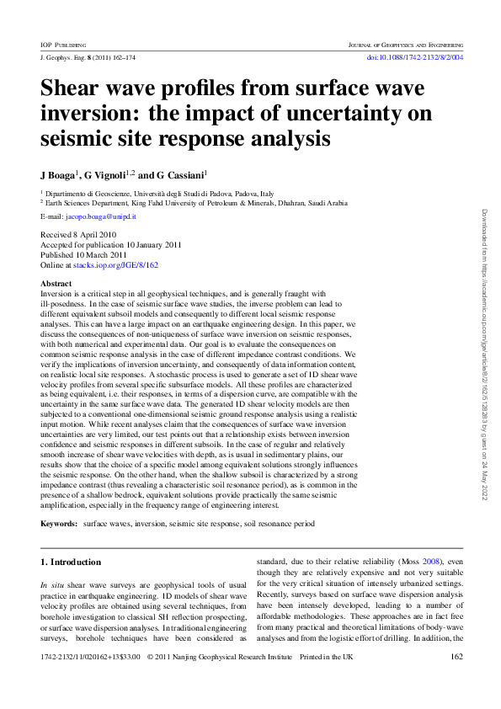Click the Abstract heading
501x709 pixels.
(56, 284)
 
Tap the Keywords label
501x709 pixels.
(59, 524)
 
